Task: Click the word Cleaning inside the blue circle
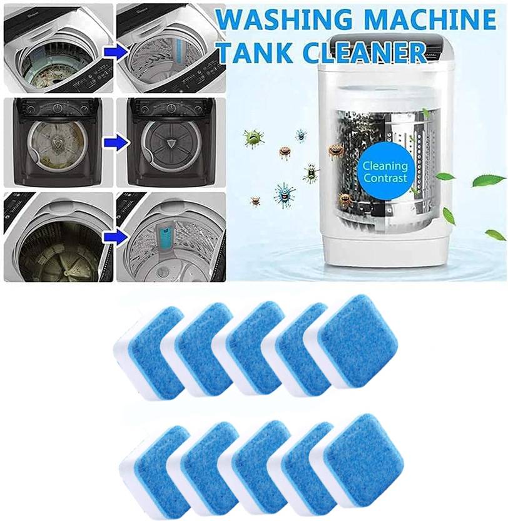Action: (385, 167)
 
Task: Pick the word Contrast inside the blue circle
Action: (385, 178)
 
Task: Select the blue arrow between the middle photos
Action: (116, 143)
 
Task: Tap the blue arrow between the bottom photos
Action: (116, 236)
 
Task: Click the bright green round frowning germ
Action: (254, 138)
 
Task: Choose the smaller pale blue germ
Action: (301, 135)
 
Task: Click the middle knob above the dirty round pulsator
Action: (59, 108)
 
